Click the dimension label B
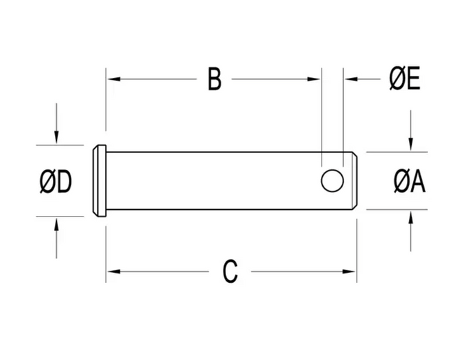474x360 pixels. pos(215,79)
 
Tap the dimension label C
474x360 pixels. pos(230,272)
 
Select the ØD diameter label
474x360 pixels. pos(56,181)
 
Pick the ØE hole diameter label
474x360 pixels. pos(405,79)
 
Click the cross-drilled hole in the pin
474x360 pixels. pos(332,181)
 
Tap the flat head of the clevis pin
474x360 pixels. pos(100,181)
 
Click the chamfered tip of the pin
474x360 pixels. pos(355,181)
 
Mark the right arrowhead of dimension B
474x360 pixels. pos(314,79)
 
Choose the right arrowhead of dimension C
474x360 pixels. pos(349,272)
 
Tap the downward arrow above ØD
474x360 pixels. pos(56,123)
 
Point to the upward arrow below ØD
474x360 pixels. pos(56,238)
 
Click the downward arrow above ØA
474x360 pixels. pos(410,130)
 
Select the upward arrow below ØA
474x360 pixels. pos(410,231)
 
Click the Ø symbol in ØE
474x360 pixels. pos(397,79)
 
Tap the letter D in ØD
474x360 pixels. pos(65,181)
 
